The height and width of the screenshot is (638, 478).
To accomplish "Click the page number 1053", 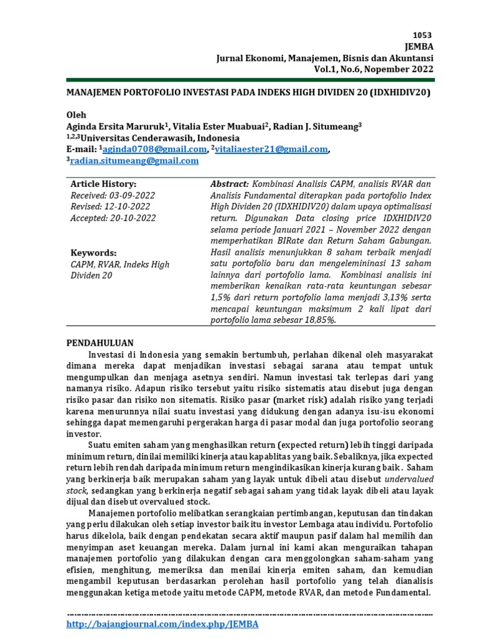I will coord(421,36).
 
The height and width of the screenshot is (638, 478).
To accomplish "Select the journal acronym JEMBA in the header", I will coord(419,47).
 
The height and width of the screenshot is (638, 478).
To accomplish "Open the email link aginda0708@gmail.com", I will coord(154,150).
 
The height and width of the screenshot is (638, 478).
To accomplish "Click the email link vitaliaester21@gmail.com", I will coord(271,150).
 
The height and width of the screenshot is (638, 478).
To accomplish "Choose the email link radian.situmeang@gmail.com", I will coord(134,161).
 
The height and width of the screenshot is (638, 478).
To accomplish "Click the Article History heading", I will coord(103,184).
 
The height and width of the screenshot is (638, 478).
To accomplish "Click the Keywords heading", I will coord(93,253).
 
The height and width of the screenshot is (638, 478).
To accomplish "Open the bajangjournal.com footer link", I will coord(162,624).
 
